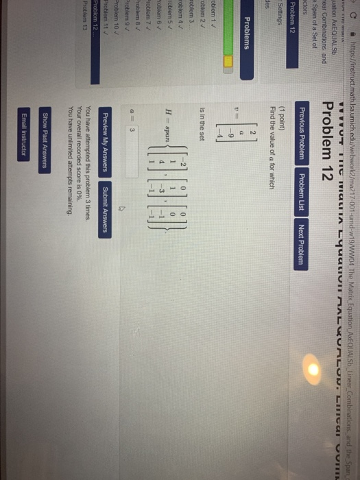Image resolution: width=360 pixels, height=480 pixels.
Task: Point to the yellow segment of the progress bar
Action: pyautogui.click(x=51, y=177)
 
